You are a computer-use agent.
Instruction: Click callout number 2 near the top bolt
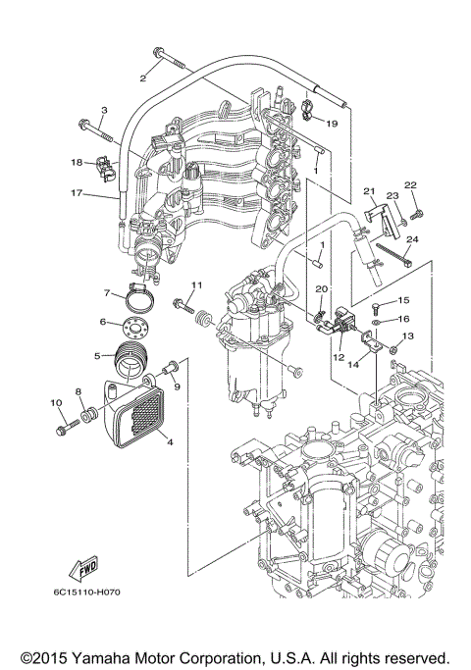(x=143, y=77)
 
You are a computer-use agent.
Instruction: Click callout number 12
(x=338, y=357)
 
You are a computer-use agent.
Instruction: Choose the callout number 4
(x=170, y=440)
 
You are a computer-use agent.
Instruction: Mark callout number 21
(x=370, y=191)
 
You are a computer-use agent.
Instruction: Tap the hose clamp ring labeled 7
(x=141, y=290)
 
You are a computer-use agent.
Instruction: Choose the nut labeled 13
(x=392, y=348)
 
